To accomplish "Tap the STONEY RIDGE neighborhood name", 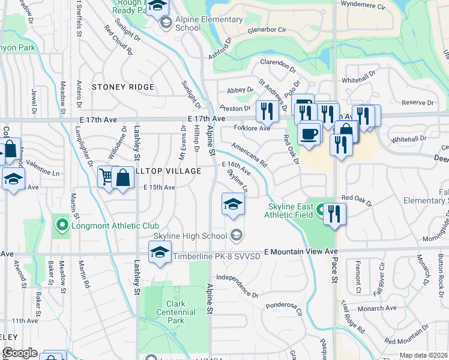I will tap(123, 88).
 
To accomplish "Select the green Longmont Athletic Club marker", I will tap(61, 226).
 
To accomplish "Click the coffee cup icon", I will tap(309, 134).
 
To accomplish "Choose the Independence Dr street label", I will tap(237, 286).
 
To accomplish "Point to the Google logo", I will tap(20, 353).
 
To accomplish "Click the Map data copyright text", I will tap(423, 355).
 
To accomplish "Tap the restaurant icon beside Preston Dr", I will tap(265, 110).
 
